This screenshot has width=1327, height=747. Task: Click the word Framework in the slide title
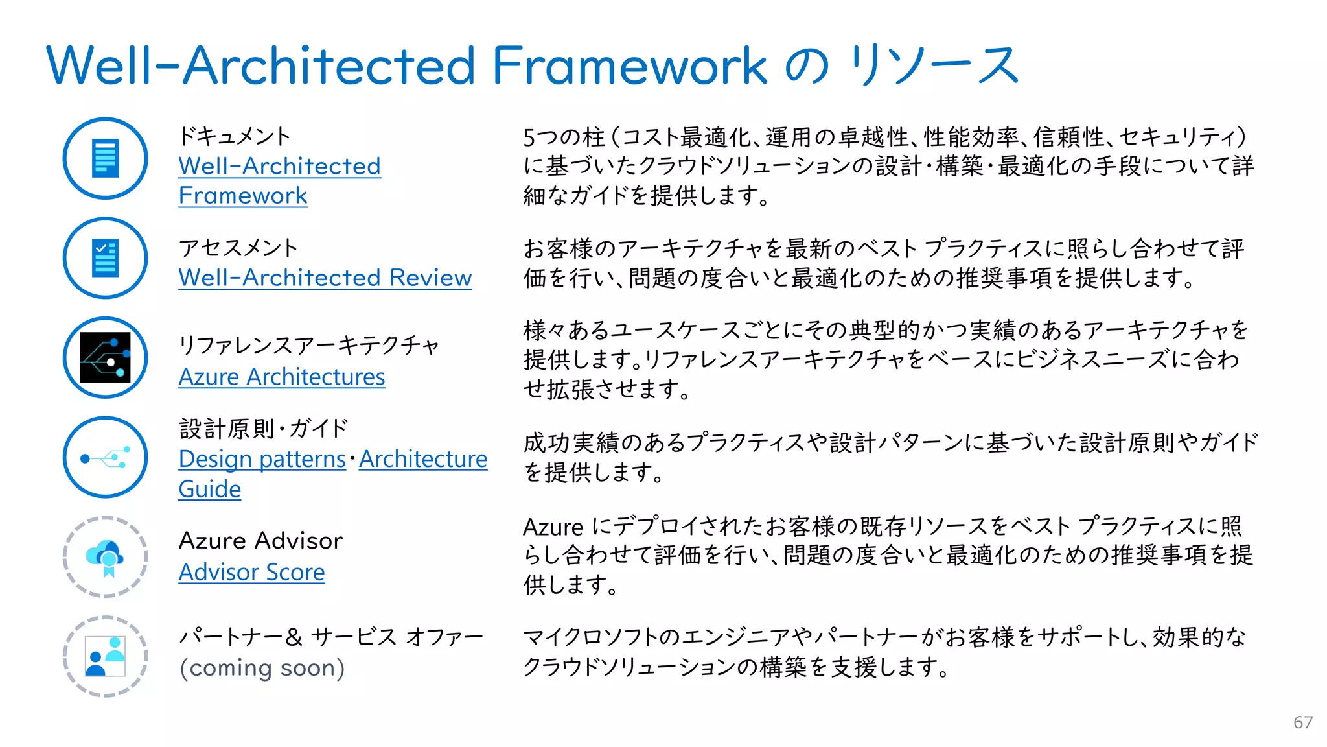coord(629,65)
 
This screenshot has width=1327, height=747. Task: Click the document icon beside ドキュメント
coord(106,158)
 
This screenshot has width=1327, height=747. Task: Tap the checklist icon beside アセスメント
coord(106,258)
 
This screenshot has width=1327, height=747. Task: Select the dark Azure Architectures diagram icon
coord(106,357)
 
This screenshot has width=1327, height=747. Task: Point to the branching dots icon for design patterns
coord(106,458)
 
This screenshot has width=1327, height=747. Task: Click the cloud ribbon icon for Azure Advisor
coord(106,557)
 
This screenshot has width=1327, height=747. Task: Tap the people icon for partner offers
coord(106,656)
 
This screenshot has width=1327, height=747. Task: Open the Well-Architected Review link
coord(325,278)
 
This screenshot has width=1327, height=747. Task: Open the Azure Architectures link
coord(282,377)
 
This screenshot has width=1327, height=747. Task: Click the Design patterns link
coord(262,459)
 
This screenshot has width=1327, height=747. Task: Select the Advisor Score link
coord(251,572)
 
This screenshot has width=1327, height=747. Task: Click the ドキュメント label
coord(235,136)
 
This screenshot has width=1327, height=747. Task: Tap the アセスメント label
coord(238,248)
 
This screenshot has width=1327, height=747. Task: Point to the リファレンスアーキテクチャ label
coord(309,345)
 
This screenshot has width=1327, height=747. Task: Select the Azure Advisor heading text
coord(260,541)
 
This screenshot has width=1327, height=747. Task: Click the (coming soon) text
coord(262,668)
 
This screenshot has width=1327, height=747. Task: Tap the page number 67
coord(1303,722)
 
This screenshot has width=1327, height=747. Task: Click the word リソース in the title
coord(934,65)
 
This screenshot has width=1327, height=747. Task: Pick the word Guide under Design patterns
coord(209,490)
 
